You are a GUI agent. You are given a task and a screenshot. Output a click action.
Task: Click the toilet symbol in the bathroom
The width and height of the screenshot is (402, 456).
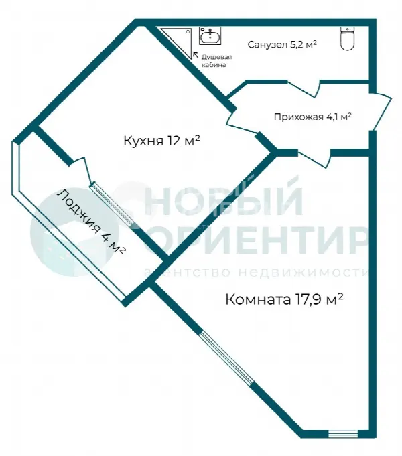[x=347, y=38]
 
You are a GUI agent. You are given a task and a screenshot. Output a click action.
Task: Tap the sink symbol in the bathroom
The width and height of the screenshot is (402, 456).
[x=210, y=36]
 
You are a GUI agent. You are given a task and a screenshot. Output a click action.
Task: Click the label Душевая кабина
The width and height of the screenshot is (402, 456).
[x=217, y=60]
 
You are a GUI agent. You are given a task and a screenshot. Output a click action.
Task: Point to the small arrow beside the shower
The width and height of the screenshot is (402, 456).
[x=196, y=55]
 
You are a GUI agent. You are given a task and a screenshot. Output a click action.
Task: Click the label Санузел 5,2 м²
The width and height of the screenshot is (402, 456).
[x=282, y=44]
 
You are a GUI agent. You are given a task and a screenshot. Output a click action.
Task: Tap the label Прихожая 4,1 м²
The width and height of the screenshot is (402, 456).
[x=313, y=117]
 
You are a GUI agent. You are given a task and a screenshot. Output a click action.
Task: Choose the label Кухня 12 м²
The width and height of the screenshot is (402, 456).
[x=162, y=141]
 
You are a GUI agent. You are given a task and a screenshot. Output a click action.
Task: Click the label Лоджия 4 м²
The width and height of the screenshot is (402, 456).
[x=91, y=222]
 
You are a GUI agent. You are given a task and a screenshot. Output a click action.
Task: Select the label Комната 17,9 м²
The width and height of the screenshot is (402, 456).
[x=284, y=299]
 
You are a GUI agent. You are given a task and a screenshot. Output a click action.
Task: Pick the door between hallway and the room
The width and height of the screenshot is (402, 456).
[x=314, y=157]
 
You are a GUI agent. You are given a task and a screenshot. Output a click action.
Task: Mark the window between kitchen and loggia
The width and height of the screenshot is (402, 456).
[x=112, y=204]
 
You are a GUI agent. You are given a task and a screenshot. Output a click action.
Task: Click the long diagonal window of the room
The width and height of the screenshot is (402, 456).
[x=227, y=358]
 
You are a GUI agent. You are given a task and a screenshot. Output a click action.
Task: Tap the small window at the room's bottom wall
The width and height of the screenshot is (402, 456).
[x=343, y=434]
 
